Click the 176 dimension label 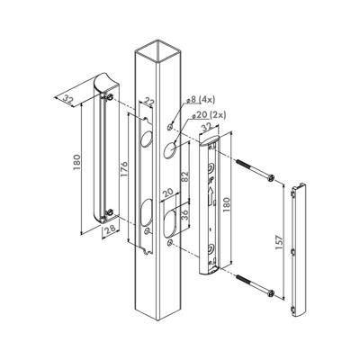(x=123, y=170)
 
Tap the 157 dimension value (x=279, y=242)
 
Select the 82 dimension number (x=185, y=177)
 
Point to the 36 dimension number (x=185, y=215)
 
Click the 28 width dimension (x=110, y=229)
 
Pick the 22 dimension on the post (x=149, y=103)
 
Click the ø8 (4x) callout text (x=201, y=100)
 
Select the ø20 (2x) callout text (x=209, y=115)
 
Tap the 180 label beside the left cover (x=76, y=162)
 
